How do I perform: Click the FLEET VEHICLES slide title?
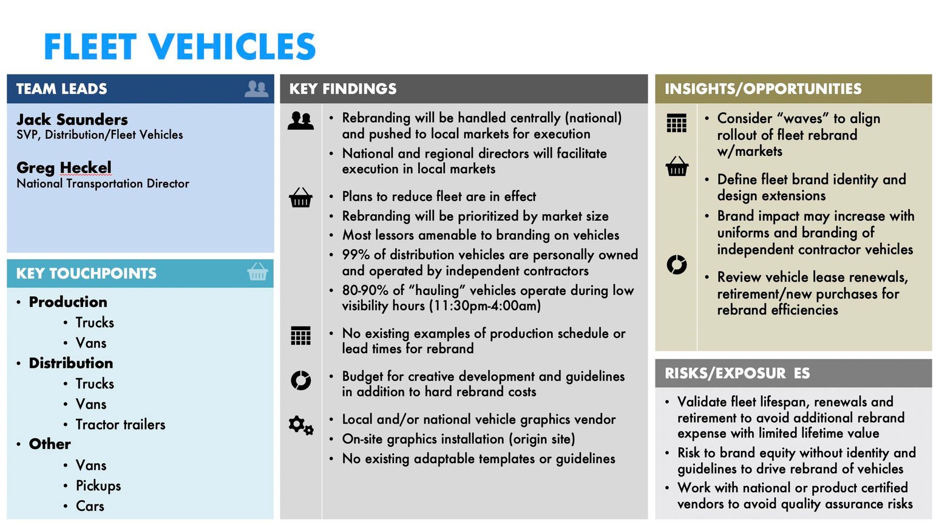180,47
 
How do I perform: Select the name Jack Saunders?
72,119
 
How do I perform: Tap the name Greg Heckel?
64,168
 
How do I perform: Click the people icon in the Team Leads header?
256,89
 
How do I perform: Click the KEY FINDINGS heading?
343,89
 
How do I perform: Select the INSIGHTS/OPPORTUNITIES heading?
763,89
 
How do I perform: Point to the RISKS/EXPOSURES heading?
737,373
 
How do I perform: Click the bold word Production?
68,302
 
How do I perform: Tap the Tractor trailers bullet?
120,424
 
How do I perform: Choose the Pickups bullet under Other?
98,486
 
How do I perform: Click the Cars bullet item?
90,506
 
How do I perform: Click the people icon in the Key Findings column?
300,121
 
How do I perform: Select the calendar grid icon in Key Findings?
300,335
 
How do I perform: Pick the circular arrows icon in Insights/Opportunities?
676,265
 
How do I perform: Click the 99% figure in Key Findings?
356,255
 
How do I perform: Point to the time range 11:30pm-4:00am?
485,306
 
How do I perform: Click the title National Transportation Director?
103,183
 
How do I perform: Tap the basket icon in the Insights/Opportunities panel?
676,166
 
